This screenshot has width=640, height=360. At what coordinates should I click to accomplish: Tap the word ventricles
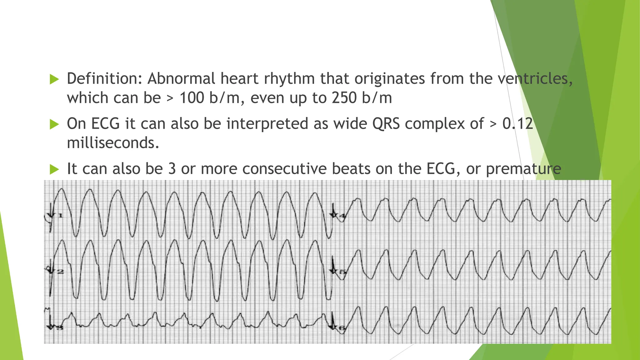pyautogui.click(x=535, y=78)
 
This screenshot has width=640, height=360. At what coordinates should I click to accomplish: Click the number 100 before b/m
pyautogui.click(x=192, y=98)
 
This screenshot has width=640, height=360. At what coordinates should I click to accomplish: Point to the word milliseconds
pyautogui.click(x=113, y=143)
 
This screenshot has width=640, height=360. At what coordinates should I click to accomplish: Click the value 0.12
pyautogui.click(x=517, y=123)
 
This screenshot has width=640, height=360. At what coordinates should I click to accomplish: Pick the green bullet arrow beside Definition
pyautogui.click(x=54, y=79)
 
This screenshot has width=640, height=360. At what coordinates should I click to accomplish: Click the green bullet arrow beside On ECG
pyautogui.click(x=54, y=125)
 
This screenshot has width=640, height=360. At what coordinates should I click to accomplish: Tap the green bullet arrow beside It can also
pyautogui.click(x=54, y=170)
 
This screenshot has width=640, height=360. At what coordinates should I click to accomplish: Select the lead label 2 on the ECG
pyautogui.click(x=60, y=272)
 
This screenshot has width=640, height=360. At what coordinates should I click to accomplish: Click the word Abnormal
pyautogui.click(x=181, y=78)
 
